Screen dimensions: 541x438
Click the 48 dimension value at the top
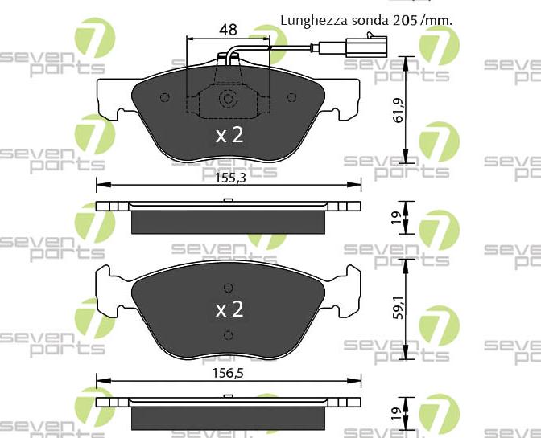pyautogui.click(x=228, y=30)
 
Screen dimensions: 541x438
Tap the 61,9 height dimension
pyautogui.click(x=399, y=110)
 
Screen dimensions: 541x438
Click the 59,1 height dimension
pyautogui.click(x=399, y=307)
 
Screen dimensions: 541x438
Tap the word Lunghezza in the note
pyautogui.click(x=314, y=21)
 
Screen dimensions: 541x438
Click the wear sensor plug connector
pyautogui.click(x=366, y=46)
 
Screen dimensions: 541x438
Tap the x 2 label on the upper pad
pyautogui.click(x=229, y=135)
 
